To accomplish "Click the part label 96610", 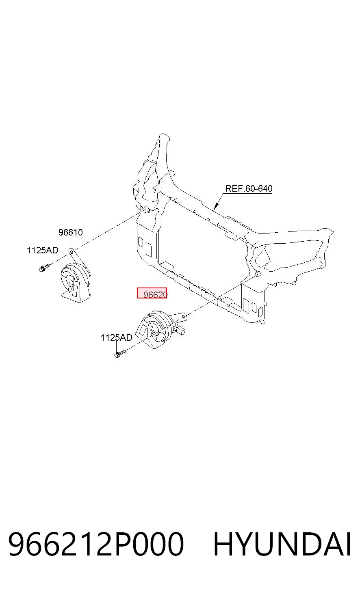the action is pos(70,232).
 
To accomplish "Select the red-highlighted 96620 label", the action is pos(152,293).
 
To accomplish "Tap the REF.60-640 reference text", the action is pos(249,188).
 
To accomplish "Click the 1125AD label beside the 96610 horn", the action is pos(42,250).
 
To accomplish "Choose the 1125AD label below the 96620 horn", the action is pos(116,337).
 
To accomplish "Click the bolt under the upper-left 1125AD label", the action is pos(44,268).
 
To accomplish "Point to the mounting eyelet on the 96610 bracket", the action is pos(71,251).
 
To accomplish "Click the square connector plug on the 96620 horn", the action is pos(181,331).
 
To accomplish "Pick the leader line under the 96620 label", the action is pos(155,305).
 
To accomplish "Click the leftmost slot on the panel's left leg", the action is pos(141,242).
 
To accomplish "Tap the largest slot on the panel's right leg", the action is pos(246,305).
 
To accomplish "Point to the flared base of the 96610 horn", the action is pos(76,297).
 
